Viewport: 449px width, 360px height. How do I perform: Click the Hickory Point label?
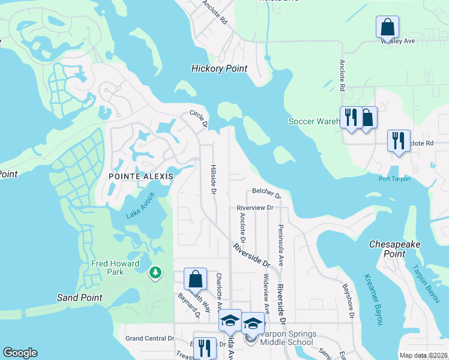click(x=219, y=68)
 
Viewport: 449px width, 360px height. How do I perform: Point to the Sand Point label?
click(x=79, y=298)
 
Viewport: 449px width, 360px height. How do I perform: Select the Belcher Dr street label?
click(x=267, y=193)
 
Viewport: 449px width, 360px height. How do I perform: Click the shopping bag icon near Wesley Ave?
click(x=388, y=27)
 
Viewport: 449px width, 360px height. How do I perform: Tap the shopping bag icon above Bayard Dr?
click(x=195, y=279)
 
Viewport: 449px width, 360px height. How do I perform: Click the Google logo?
click(x=20, y=353)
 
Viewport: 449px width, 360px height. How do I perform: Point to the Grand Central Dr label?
click(x=149, y=338)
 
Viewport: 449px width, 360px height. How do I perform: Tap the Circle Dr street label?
click(x=199, y=118)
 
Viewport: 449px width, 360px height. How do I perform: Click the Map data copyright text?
click(x=423, y=355)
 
